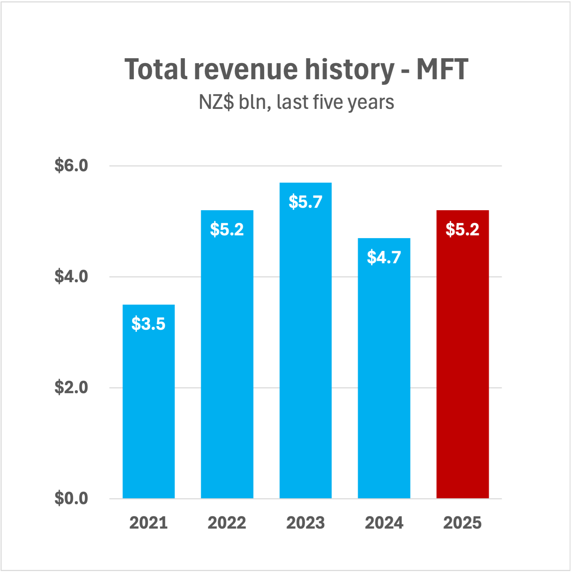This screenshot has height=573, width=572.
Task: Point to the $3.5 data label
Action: tap(149, 324)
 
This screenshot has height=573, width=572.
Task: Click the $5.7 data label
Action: tap(305, 202)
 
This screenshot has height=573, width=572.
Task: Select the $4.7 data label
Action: tap(384, 257)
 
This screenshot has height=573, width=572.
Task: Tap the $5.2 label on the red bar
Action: tap(462, 229)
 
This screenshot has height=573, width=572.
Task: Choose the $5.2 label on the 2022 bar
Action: tap(227, 229)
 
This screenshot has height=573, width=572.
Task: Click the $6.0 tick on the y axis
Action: tap(71, 165)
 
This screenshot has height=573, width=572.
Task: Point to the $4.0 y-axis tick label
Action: tap(71, 276)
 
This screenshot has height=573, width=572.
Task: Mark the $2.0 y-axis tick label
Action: tap(71, 387)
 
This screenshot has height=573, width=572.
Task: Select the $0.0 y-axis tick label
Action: tap(71, 498)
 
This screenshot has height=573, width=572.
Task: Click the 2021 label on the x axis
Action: tap(149, 523)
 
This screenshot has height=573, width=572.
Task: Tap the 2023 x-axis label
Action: tap(305, 523)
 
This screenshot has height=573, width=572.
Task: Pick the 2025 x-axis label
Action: tap(462, 523)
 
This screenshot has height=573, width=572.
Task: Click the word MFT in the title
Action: tap(442, 69)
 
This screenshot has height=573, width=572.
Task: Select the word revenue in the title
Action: tap(245, 69)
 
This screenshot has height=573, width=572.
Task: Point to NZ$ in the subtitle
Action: tap(216, 102)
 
